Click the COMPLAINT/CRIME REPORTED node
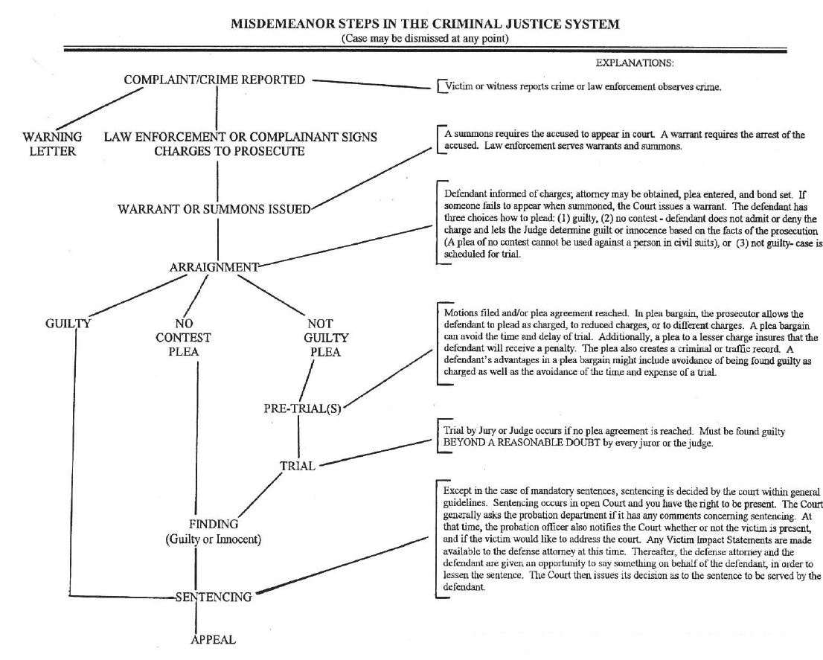point(214,80)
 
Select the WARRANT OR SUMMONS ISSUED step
point(214,209)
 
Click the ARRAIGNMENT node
point(214,267)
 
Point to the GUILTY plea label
point(68,324)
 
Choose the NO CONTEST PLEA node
point(183,338)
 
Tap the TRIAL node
point(298,467)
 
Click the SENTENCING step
point(214,597)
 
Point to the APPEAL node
point(214,640)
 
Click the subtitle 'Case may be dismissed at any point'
point(425,38)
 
